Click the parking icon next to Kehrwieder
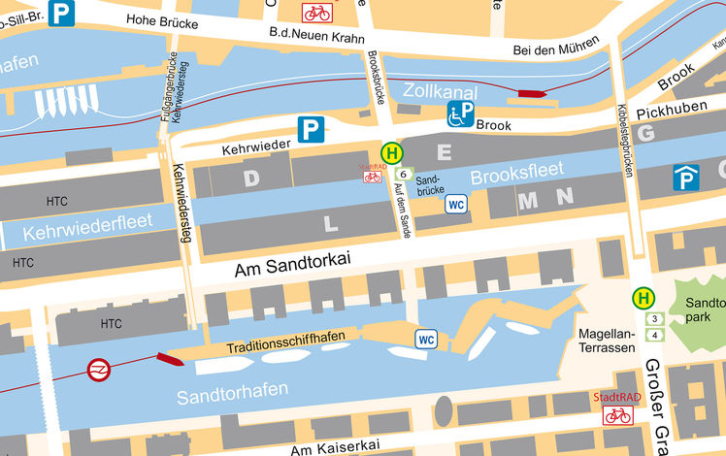click(310, 129)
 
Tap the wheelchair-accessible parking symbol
click(460, 115)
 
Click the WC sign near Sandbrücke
click(456, 204)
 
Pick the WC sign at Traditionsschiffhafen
click(425, 339)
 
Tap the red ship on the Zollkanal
click(531, 94)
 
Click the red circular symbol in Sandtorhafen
click(97, 370)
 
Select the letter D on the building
click(251, 178)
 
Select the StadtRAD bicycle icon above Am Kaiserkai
click(617, 415)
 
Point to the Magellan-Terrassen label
click(607, 341)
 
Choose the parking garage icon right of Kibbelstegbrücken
click(686, 178)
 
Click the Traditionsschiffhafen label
click(286, 345)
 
